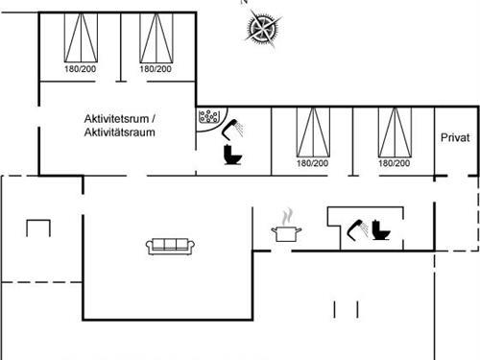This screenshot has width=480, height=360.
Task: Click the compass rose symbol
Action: [x=261, y=29]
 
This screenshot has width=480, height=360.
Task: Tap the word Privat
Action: [x=454, y=138]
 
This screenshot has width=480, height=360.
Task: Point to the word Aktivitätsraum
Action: [x=119, y=132]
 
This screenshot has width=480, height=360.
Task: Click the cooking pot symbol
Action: [x=285, y=232]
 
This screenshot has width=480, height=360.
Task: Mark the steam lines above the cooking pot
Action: [x=285, y=216]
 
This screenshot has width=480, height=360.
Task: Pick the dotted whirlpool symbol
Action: [x=207, y=118]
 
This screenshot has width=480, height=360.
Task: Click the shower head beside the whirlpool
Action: [x=234, y=126]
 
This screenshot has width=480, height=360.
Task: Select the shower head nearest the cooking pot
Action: [x=354, y=228]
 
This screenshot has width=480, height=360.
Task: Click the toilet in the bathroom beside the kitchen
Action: [x=380, y=231]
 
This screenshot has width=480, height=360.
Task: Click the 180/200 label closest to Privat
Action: [x=392, y=163]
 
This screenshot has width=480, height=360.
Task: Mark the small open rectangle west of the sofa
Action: [x=38, y=230]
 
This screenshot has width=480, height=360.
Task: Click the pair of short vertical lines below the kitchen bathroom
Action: [x=346, y=308]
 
